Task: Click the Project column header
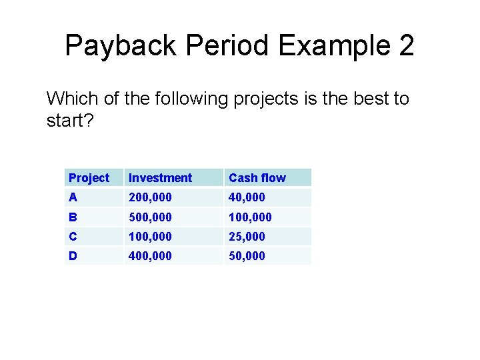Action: [89, 178]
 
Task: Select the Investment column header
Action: [160, 178]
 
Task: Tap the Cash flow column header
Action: [257, 178]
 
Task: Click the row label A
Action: [73, 197]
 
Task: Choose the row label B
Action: [73, 217]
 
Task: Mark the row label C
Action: [73, 237]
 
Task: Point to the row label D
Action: [73, 256]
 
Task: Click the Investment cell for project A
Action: [150, 197]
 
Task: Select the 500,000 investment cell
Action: [150, 217]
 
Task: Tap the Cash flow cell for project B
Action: [250, 217]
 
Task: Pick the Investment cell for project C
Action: [150, 237]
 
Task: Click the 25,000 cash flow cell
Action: [247, 237]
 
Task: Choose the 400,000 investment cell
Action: [150, 256]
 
